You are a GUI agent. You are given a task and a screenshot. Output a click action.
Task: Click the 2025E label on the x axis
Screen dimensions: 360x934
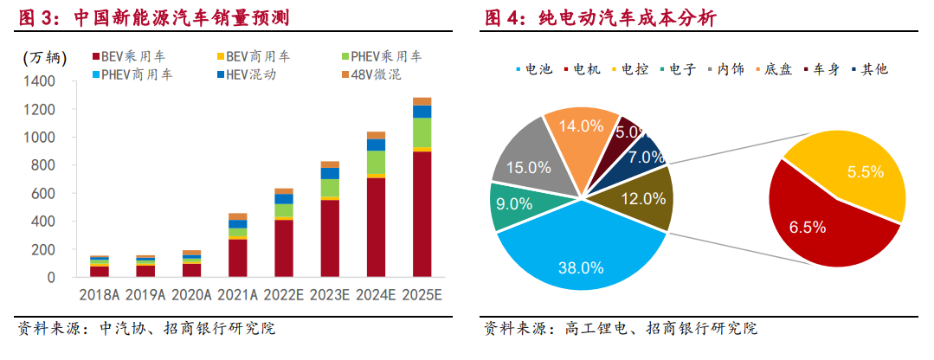point(422,295)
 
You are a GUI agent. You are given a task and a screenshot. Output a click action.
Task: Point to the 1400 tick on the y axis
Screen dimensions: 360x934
point(42,81)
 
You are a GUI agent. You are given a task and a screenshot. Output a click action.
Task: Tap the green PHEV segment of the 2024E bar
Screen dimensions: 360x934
point(376,162)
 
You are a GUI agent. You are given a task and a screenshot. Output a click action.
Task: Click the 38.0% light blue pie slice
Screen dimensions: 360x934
point(580,260)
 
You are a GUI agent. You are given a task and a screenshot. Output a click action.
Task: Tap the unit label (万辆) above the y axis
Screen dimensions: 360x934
point(43,58)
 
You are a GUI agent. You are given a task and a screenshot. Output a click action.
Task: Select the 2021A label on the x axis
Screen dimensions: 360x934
point(238,295)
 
